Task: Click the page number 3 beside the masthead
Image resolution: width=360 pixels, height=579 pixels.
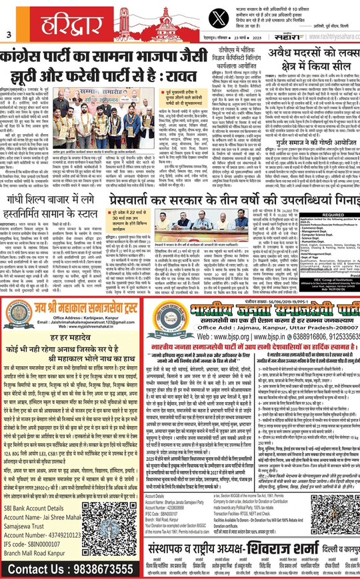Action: [9, 35]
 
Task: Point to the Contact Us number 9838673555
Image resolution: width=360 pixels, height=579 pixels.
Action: [67, 570]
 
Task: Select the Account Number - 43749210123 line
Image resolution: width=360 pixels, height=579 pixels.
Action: [41, 530]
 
